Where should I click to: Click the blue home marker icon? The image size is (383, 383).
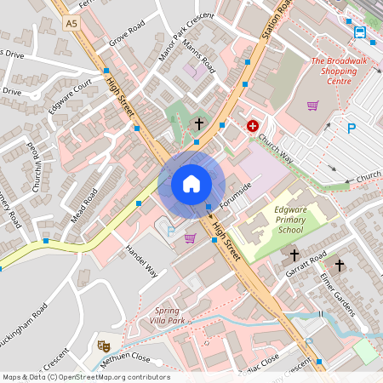[x=191, y=184]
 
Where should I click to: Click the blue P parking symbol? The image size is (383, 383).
[x=352, y=129]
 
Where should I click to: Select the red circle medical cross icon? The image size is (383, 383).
[x=252, y=126]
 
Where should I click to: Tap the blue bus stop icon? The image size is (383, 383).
[x=360, y=33]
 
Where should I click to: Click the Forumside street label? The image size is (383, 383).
[x=236, y=197]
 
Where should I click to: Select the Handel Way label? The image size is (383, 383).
[x=141, y=261]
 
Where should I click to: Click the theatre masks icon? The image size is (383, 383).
[x=104, y=346]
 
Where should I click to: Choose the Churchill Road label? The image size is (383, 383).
[x=36, y=166]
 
